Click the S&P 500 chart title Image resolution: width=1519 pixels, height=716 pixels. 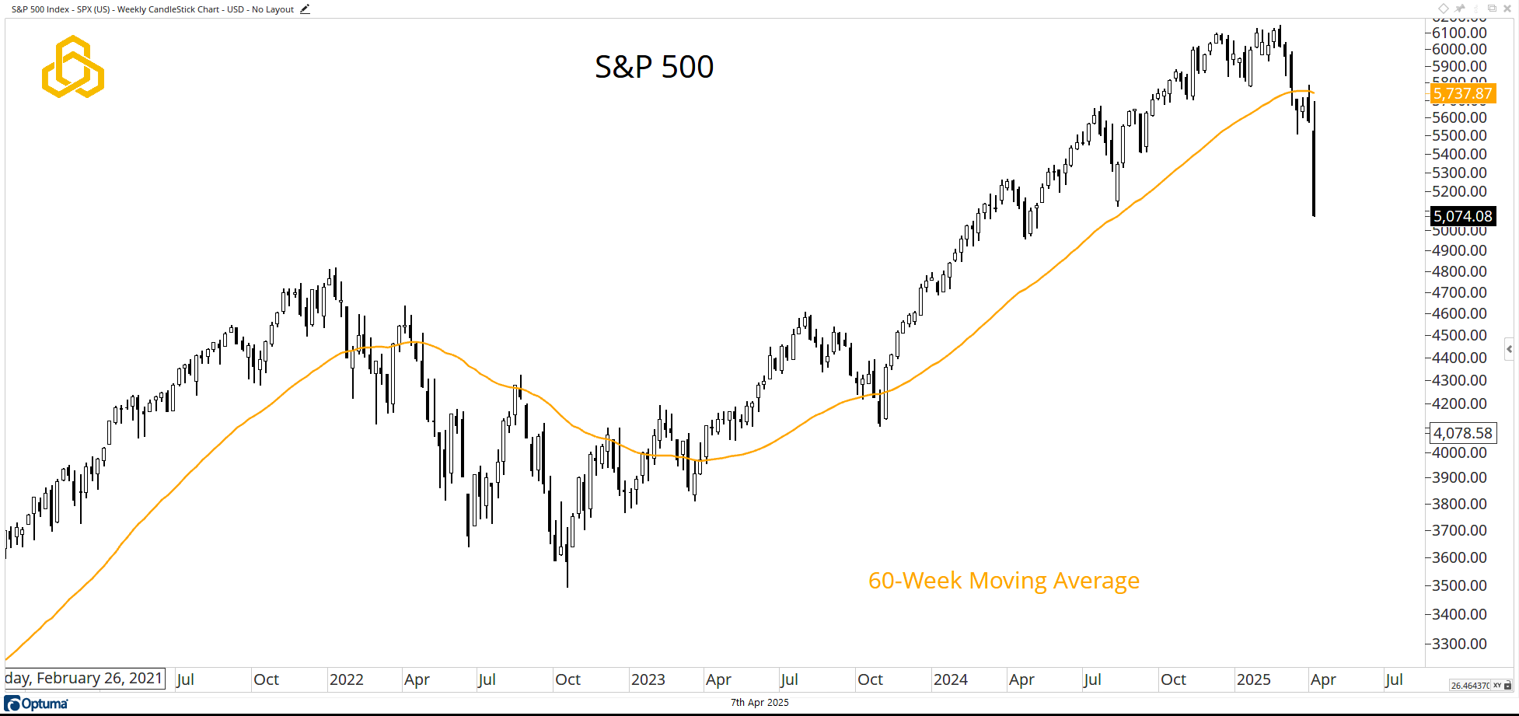pos(654,67)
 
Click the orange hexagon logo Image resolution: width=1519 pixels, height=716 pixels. pos(72,67)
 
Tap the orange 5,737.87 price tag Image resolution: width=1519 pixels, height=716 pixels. pos(1462,94)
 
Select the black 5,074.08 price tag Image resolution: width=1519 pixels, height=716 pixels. pos(1462,216)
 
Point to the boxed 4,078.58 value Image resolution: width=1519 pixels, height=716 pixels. pos(1462,433)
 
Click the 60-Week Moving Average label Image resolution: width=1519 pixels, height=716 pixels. pos(1003,581)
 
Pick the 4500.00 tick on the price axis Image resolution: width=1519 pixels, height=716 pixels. pos(1459,335)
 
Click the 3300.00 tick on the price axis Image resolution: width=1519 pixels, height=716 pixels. pos(1459,644)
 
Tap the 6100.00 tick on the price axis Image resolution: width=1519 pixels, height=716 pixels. pos(1459,33)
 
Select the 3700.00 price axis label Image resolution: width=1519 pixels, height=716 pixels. pos(1459,530)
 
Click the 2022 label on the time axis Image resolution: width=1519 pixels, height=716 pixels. pos(346,679)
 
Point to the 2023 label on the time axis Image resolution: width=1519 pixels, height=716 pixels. pos(648,679)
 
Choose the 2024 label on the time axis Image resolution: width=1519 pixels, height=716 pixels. pos(950,679)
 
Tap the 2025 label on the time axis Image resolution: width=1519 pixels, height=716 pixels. pos(1253,679)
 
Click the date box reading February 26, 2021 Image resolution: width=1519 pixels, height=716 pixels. pos(84,679)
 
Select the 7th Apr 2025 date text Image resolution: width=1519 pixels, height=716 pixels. pos(759,703)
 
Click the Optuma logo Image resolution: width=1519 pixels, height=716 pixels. pos(37,704)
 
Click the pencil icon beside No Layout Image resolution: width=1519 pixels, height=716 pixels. pos(305,9)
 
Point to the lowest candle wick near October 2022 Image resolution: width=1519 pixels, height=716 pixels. pos(567,575)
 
